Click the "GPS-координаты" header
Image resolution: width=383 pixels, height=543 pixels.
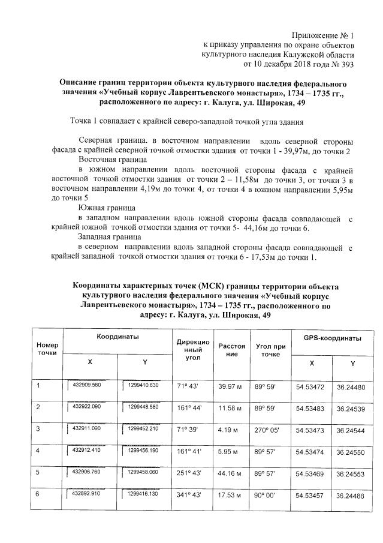click(331, 338)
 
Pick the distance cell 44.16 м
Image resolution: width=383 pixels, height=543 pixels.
click(231, 473)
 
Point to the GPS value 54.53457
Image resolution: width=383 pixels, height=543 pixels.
click(310, 496)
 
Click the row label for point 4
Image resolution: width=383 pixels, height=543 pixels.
click(39, 451)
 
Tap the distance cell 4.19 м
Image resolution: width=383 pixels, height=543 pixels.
click(230, 430)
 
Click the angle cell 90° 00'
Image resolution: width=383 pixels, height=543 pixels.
click(267, 496)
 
